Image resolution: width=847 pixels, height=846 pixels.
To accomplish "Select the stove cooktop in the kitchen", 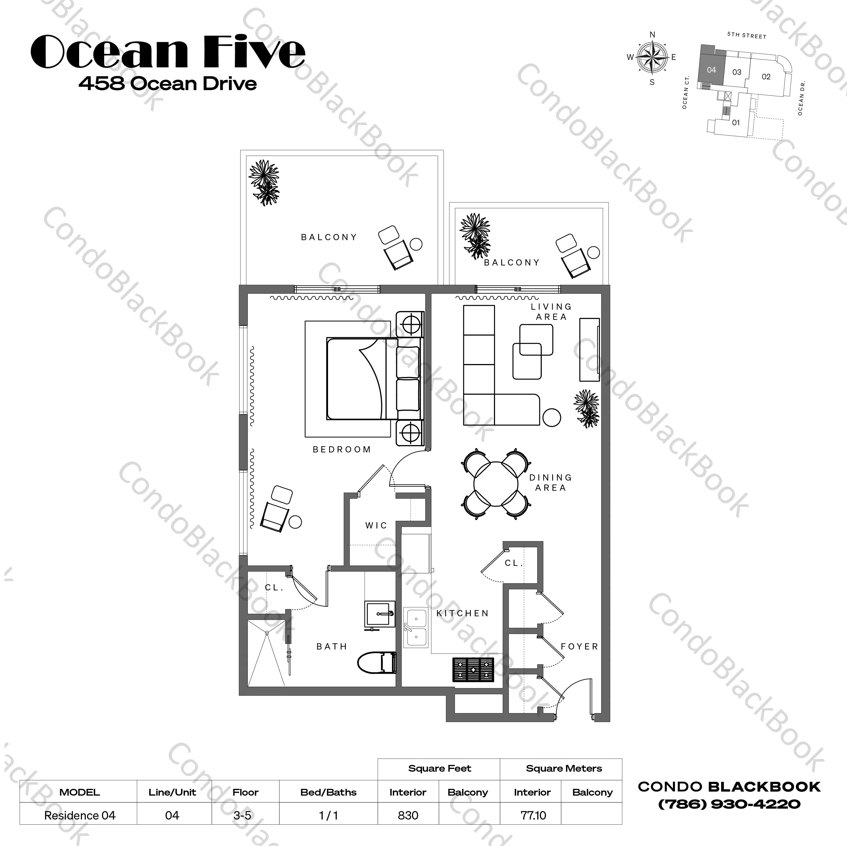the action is tap(473, 669).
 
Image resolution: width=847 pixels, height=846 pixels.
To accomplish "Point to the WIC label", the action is tap(376, 525).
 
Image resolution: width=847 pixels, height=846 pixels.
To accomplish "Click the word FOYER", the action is tap(579, 647).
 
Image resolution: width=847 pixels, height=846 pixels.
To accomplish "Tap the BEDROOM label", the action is tap(342, 449).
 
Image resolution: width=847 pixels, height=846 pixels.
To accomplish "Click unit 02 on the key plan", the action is tap(766, 77).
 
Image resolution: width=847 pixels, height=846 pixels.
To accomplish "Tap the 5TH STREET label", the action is tap(746, 35).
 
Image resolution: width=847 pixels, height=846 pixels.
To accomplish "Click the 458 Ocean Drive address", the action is tap(168, 84).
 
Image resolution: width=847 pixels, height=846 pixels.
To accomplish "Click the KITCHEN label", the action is tap(463, 613).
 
